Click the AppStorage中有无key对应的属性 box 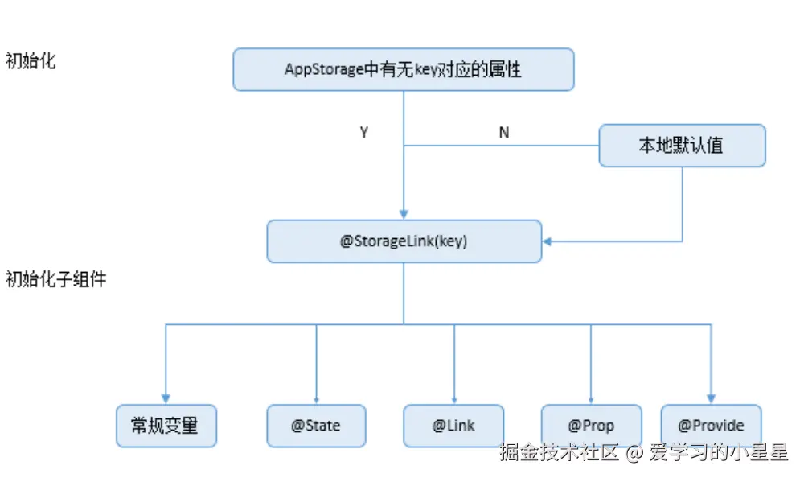pyautogui.click(x=404, y=69)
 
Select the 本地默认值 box pyautogui.click(x=682, y=146)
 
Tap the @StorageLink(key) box pyautogui.click(x=404, y=241)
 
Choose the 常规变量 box pyautogui.click(x=166, y=426)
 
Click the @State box pyautogui.click(x=316, y=426)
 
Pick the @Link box pyautogui.click(x=453, y=426)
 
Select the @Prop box pyautogui.click(x=591, y=426)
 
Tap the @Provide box pyautogui.click(x=711, y=426)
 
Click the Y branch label pyautogui.click(x=364, y=133)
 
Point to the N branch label pyautogui.click(x=504, y=133)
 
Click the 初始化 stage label pyautogui.click(x=31, y=61)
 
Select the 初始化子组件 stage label pyautogui.click(x=55, y=280)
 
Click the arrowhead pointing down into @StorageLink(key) pyautogui.click(x=404, y=214)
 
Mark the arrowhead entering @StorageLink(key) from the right pyautogui.click(x=548, y=241)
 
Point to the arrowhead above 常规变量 pyautogui.click(x=166, y=398)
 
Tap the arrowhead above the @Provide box pyautogui.click(x=711, y=398)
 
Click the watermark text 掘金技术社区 pyautogui.click(x=560, y=453)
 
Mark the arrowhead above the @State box pyautogui.click(x=316, y=399)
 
